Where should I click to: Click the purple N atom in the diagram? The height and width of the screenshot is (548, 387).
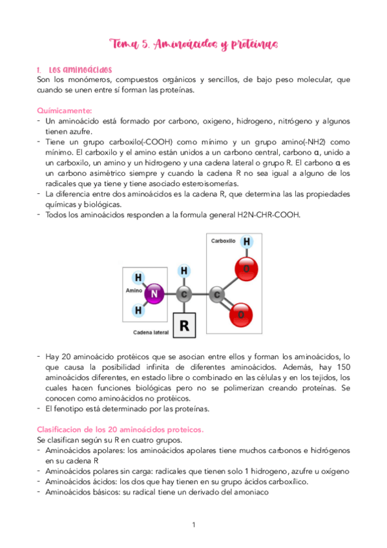153,294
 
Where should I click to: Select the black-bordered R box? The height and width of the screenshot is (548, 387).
184,325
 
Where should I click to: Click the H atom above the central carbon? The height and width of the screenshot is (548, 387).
184,271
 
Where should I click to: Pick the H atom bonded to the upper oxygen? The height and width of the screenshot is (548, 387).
246,242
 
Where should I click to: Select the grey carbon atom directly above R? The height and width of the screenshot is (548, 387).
184,295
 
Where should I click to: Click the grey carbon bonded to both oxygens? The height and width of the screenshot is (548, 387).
218,295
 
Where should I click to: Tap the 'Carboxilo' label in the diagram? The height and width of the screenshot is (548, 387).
224,240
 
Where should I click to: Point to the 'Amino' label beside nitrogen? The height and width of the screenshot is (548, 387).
133,291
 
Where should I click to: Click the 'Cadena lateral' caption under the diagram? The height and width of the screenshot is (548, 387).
151,333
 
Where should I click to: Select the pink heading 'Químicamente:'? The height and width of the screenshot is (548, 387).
65,111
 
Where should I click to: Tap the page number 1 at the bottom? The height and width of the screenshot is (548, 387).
194,525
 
